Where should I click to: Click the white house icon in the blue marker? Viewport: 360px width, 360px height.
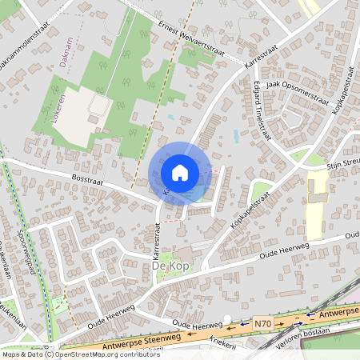click(x=180, y=172)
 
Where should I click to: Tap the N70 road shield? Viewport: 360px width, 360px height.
click(x=262, y=324)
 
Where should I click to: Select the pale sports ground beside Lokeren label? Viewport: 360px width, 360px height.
click(x=80, y=116)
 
